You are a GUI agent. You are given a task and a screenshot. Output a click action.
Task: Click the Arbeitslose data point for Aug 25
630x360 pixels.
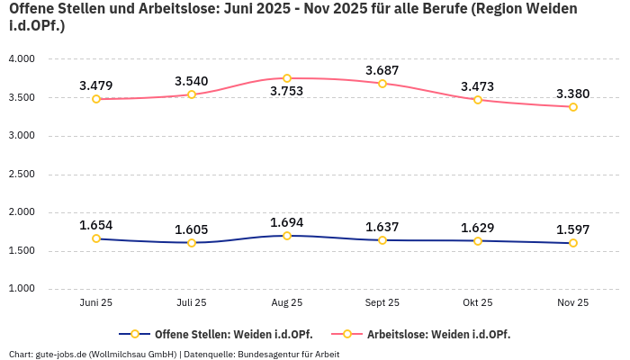coord(287,78)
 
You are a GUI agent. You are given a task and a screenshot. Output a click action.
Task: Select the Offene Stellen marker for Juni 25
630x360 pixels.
coord(96,238)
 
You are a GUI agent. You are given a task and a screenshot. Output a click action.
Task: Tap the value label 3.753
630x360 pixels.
coord(287,92)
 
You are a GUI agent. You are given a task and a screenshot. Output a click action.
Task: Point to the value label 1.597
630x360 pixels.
coord(572,229)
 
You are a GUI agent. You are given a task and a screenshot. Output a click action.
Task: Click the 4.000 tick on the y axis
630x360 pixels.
coord(21,59)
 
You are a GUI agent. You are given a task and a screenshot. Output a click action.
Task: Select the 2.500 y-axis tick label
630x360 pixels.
coord(21,174)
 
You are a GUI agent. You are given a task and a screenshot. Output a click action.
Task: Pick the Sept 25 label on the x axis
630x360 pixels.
coord(382,303)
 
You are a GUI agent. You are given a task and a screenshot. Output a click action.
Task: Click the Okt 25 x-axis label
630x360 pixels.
coord(478,303)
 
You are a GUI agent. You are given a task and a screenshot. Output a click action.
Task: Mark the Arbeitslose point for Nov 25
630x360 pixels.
coord(573,107)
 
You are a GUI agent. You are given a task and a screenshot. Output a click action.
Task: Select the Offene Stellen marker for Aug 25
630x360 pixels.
coord(287,236)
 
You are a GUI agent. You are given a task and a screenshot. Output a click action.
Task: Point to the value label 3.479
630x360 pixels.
coord(96,86)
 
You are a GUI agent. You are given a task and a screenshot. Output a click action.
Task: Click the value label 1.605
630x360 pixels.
coord(192,229)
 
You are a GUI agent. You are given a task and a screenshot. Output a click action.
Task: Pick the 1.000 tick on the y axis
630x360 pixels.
coord(21,289)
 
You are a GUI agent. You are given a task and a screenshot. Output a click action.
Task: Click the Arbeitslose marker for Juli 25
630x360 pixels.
coord(192,94)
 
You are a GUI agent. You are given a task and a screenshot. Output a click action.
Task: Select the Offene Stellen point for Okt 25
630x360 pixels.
coord(478,241)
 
